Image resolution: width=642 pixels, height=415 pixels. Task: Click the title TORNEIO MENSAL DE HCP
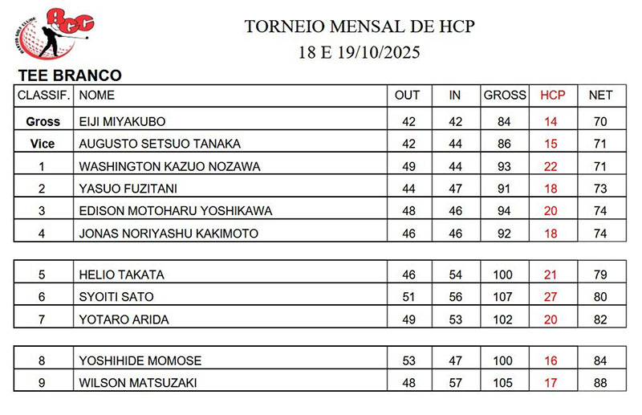(x=359, y=26)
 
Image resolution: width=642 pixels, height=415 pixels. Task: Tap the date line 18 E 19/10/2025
(x=359, y=53)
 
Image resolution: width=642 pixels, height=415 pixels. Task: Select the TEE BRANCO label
(x=69, y=76)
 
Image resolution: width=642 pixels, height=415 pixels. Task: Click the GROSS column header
(x=504, y=96)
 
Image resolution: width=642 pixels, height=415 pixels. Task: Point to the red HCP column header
(x=552, y=96)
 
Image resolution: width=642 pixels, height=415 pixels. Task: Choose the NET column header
(x=600, y=96)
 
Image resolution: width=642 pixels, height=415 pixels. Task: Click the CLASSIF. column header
(x=44, y=96)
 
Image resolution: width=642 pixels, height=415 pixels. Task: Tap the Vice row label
(x=43, y=144)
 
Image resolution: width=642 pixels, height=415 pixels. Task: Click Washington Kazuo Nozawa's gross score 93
(x=504, y=167)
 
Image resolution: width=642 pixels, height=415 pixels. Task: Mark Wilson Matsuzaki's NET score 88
(x=600, y=384)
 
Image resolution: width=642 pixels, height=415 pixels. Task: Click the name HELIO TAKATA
(x=121, y=275)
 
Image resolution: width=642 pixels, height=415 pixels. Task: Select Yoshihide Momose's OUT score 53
(x=408, y=361)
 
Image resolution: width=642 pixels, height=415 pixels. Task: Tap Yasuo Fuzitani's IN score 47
(x=455, y=189)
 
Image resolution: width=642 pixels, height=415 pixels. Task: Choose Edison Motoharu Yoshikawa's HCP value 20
(x=551, y=212)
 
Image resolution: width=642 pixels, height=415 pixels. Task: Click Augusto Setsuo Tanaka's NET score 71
(x=600, y=144)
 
